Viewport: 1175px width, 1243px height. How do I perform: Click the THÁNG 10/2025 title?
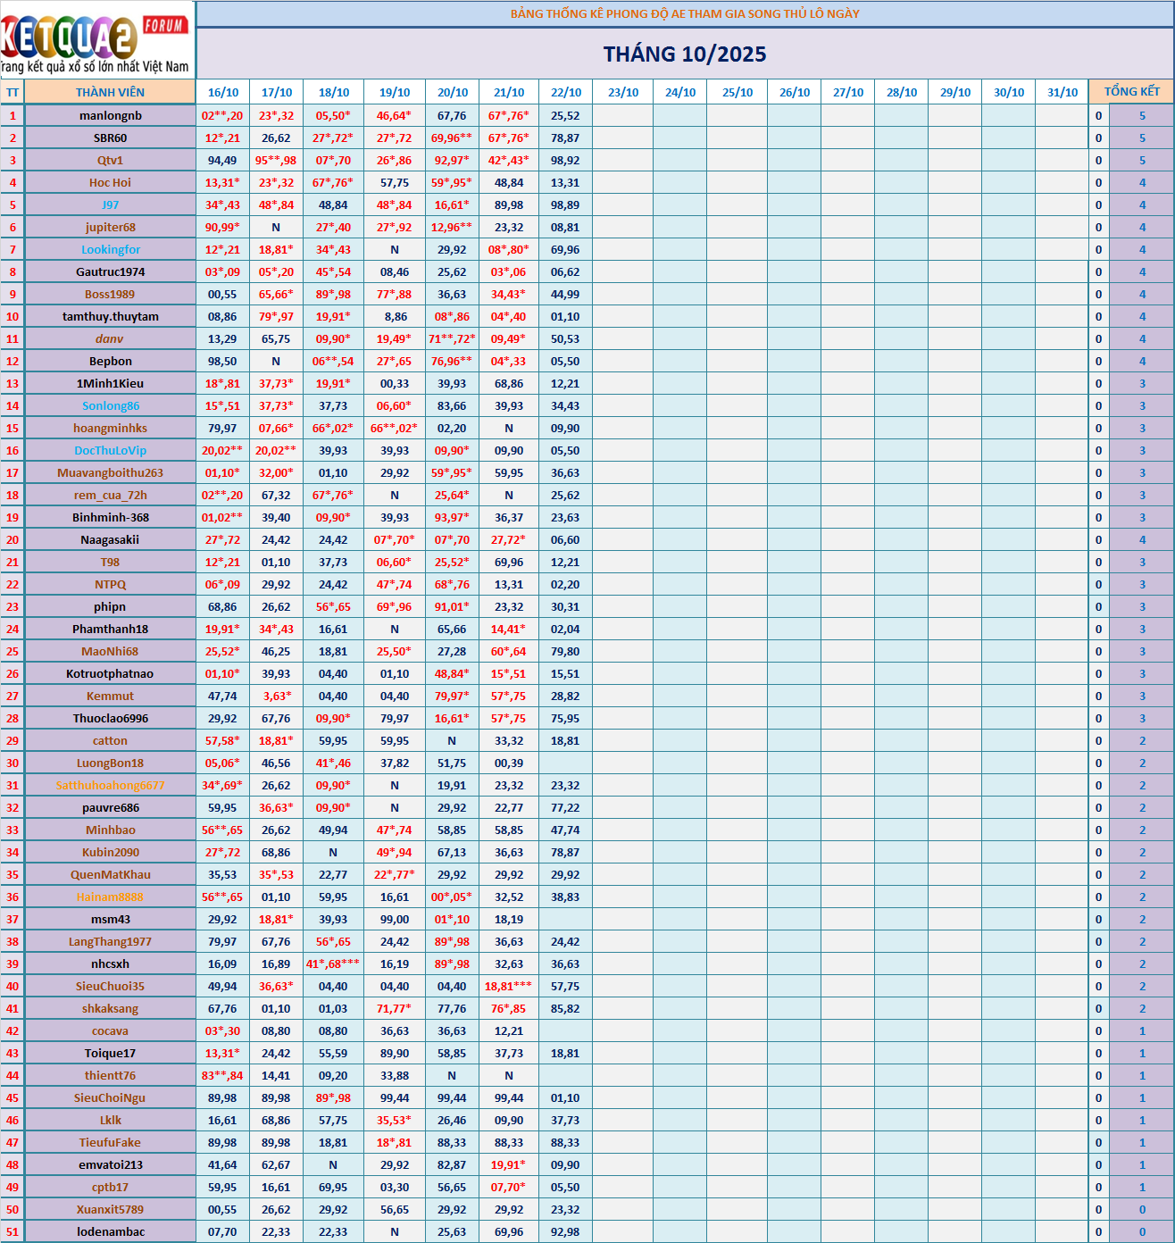coord(685,54)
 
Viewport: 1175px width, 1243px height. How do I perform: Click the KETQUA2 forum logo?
coord(96,40)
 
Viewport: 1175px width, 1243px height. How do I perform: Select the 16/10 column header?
coord(223,92)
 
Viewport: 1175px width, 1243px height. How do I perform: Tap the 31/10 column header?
coord(1062,92)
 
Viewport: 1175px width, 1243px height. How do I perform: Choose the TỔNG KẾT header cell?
coord(1131,92)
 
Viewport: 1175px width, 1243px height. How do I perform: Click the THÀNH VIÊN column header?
coord(110,92)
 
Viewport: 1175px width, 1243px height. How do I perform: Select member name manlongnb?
coord(111,115)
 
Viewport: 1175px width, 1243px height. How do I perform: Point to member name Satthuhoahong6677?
coord(111,785)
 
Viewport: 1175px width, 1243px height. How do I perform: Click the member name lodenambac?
coord(111,1231)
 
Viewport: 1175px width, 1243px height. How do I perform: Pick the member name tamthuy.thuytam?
coord(111,316)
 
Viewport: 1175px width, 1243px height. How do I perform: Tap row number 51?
coord(12,1231)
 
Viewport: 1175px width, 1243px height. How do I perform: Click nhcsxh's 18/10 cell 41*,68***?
coord(333,964)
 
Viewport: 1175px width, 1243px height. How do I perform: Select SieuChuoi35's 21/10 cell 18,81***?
coord(509,986)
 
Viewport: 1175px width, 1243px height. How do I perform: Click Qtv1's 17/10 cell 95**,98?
coord(276,160)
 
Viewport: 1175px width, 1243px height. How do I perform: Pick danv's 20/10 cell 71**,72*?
coord(452,338)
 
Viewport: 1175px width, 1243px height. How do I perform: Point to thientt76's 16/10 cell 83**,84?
coord(222,1075)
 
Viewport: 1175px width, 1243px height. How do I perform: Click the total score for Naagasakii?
coord(1142,539)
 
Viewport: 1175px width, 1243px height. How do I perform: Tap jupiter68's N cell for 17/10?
coord(276,227)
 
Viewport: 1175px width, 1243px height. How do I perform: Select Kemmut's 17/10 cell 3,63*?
coord(276,696)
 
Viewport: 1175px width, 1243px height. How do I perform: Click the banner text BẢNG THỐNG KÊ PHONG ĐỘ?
coord(685,13)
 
